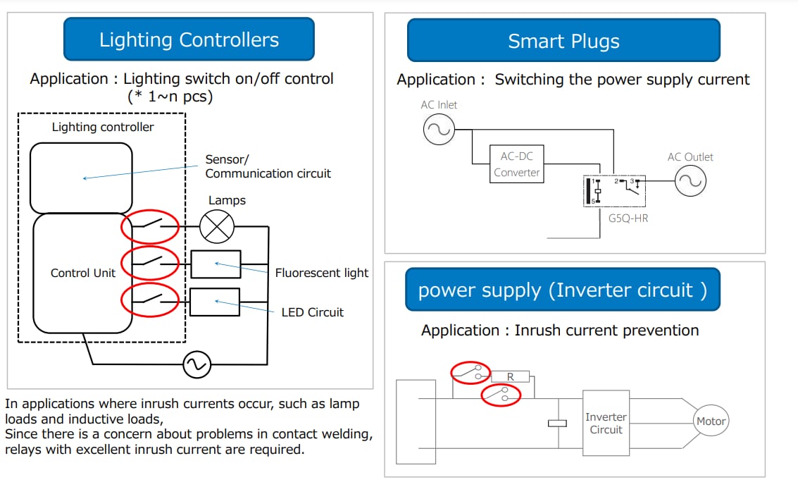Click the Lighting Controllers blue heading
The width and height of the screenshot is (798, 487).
point(189,39)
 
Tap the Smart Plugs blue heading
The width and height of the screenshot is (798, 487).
point(563,41)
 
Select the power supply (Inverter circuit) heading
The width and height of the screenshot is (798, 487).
point(562,290)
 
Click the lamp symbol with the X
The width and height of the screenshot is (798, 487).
point(216,227)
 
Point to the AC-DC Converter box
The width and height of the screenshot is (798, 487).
point(516,164)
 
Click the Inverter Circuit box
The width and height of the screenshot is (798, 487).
point(605,423)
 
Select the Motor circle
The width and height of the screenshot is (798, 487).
point(710,421)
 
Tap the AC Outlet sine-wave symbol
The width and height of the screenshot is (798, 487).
point(690,182)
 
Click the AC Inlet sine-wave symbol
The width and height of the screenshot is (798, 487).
point(438,130)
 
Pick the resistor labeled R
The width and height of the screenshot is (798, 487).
point(510,377)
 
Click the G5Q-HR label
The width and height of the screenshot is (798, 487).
point(628,218)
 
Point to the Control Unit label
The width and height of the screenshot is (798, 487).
point(82,273)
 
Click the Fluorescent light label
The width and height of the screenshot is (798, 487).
point(321,273)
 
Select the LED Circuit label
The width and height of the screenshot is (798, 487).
point(312,312)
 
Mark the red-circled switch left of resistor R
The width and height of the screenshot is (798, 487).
point(470,371)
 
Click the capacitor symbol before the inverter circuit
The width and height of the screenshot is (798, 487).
point(557,423)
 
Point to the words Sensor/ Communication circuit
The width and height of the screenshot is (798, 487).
point(268,166)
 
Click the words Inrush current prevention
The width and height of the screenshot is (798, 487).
point(606,331)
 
